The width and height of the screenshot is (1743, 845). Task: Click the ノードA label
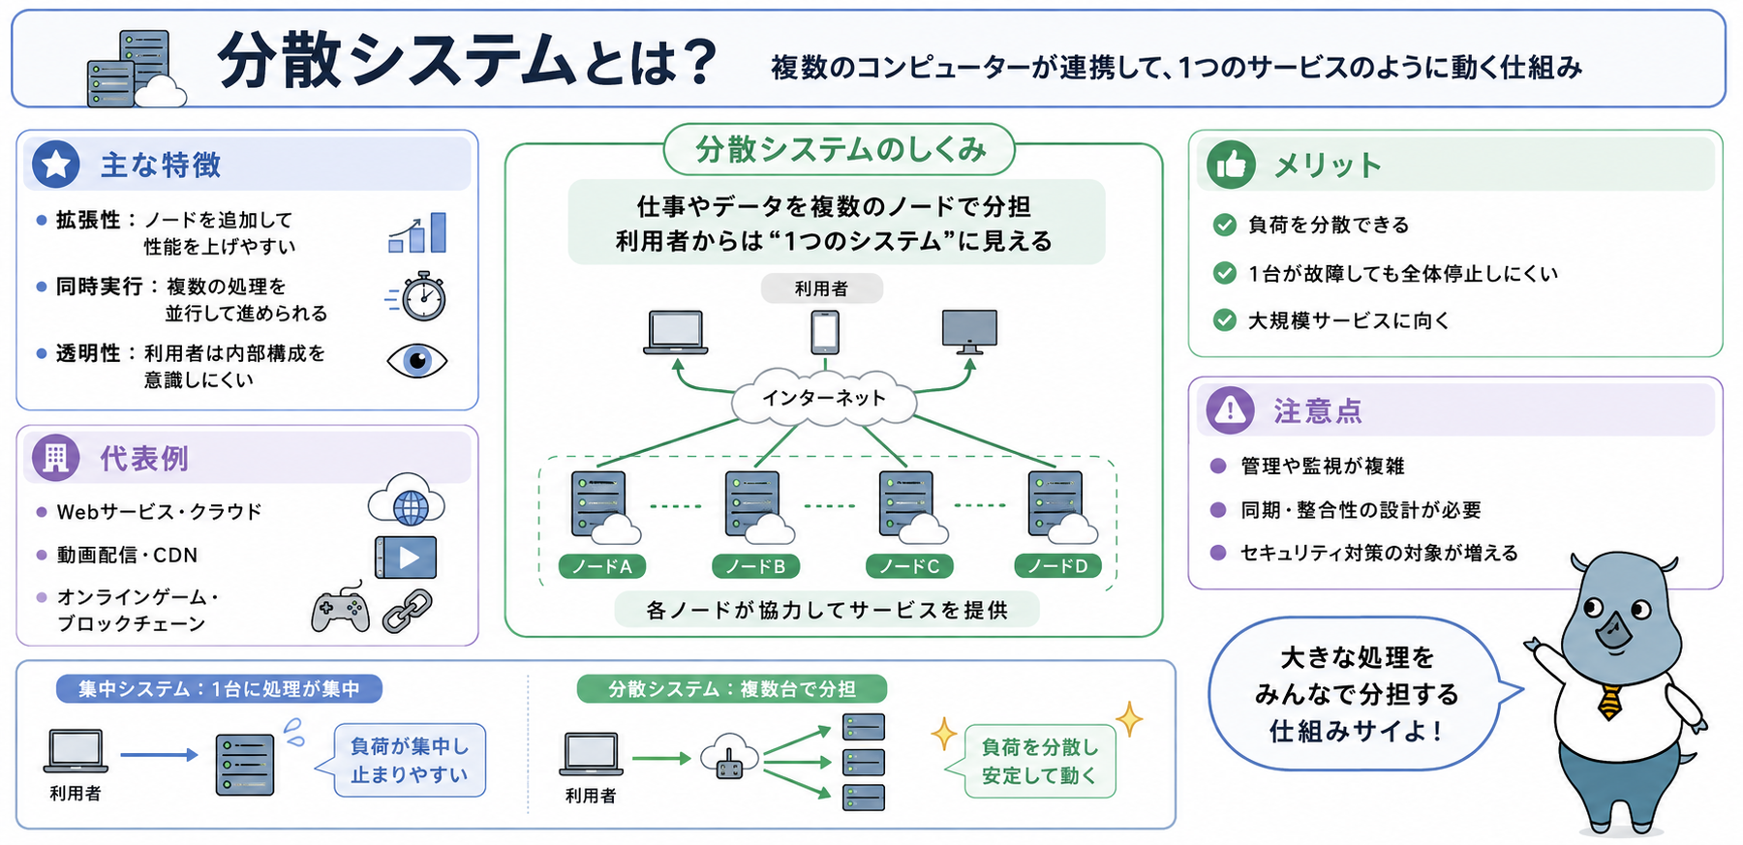click(x=602, y=566)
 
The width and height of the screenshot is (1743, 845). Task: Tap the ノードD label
click(x=1057, y=566)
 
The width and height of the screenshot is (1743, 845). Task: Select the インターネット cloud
click(x=824, y=397)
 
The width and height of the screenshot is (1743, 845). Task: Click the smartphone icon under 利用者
click(x=825, y=332)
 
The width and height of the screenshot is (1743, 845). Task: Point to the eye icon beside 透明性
click(x=417, y=361)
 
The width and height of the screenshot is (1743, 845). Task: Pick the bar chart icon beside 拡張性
click(x=417, y=232)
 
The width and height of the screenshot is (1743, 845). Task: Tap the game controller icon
click(x=340, y=610)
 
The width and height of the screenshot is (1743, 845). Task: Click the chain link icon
click(x=408, y=611)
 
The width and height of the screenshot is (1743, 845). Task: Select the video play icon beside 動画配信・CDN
click(x=406, y=558)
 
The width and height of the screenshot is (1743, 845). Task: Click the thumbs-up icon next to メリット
click(x=1231, y=166)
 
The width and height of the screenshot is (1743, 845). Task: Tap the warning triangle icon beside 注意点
click(x=1231, y=410)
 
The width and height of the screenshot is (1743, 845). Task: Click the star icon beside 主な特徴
click(x=56, y=165)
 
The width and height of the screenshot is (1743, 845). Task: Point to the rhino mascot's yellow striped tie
click(x=1610, y=702)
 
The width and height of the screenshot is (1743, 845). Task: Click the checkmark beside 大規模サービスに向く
click(x=1225, y=320)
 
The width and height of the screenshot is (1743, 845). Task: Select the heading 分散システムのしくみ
click(x=841, y=150)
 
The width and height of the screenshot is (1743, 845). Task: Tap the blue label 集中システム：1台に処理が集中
click(x=219, y=689)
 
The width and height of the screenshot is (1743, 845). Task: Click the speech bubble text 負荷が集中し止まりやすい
click(x=410, y=761)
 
